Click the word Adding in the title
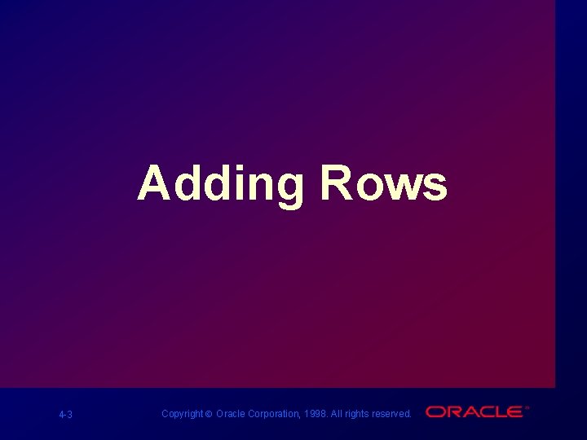(x=220, y=183)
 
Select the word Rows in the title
(x=383, y=183)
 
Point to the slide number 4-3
(x=66, y=415)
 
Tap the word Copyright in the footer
(x=182, y=414)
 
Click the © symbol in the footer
(x=209, y=414)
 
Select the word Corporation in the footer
(x=274, y=414)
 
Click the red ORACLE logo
(x=474, y=412)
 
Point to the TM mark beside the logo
(x=527, y=407)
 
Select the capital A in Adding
(x=155, y=183)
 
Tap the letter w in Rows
(x=400, y=187)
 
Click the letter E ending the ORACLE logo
(x=514, y=412)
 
